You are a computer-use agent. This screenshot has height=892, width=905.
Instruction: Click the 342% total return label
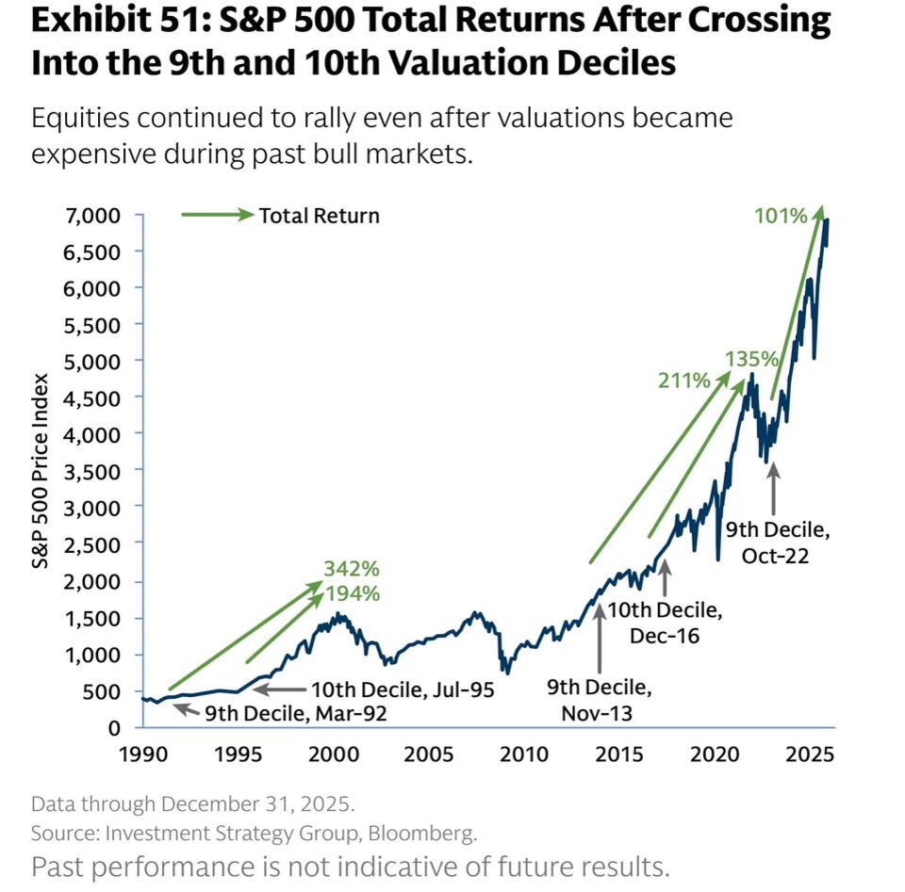(351, 569)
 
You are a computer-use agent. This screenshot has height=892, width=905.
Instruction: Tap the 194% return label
(353, 593)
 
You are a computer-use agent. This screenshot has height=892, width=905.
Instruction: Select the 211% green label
(683, 381)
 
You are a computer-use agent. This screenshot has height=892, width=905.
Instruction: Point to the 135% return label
(751, 359)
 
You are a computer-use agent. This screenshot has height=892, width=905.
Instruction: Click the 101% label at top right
(781, 216)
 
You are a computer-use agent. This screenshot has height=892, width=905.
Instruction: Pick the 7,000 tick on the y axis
(95, 215)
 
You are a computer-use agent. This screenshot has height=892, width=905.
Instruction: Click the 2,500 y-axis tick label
(95, 544)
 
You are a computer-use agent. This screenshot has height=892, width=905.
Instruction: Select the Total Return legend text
(319, 216)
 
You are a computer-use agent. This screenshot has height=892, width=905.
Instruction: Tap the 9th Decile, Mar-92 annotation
(296, 713)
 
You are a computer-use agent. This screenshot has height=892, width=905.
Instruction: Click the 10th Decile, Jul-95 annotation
(403, 690)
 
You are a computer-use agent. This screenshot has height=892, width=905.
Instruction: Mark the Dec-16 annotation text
(665, 636)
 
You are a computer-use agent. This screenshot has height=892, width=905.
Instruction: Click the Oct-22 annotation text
(775, 556)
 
